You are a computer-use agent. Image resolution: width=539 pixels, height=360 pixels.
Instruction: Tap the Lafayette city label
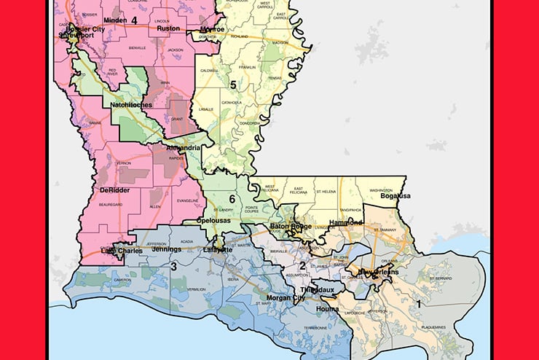218,249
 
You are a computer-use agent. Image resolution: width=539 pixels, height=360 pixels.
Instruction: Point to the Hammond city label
345,222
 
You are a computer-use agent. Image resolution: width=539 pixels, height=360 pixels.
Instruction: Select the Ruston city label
168,28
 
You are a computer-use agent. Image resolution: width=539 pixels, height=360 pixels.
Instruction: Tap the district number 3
173,267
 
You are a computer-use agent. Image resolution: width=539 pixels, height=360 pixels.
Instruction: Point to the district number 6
232,198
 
